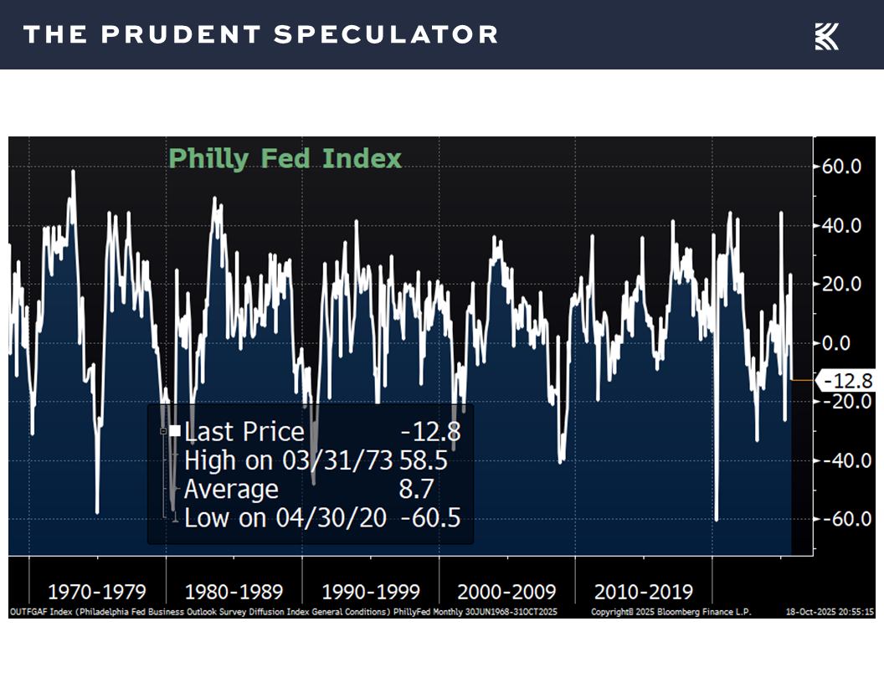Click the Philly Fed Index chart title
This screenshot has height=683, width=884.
click(x=285, y=158)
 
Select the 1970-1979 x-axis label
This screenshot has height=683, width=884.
click(x=96, y=592)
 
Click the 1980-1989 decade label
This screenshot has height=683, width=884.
click(x=234, y=592)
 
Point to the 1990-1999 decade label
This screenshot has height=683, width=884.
click(x=370, y=592)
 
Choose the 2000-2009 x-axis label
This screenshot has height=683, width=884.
click(x=506, y=592)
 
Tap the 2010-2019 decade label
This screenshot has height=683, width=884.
click(x=643, y=592)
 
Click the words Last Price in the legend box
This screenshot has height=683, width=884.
click(x=244, y=432)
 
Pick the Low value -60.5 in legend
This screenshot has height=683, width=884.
click(x=430, y=518)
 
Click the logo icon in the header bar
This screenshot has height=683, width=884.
click(x=826, y=35)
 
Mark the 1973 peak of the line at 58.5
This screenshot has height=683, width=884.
click(x=73, y=171)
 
